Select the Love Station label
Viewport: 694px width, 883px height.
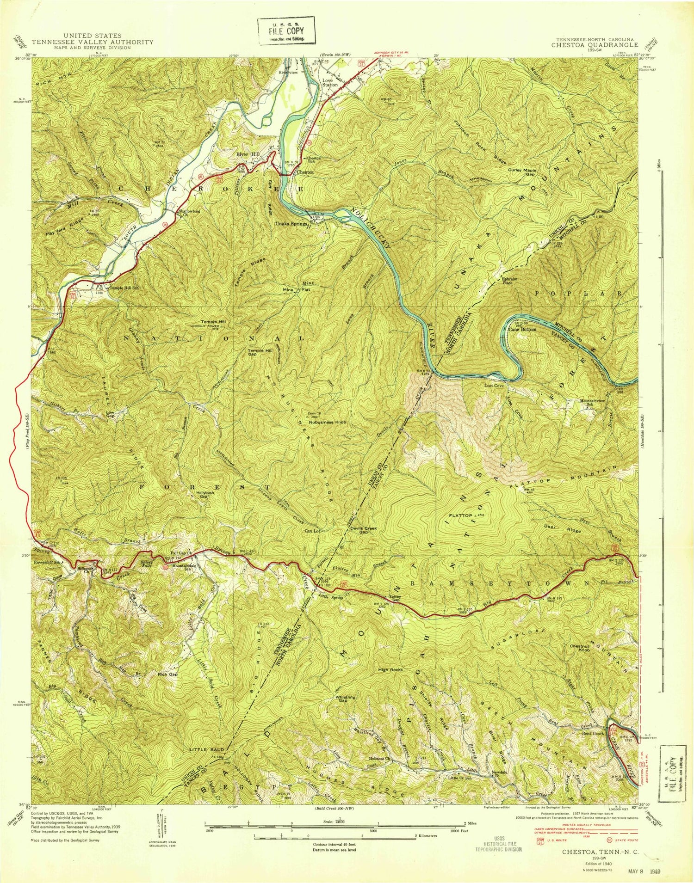(x=330, y=82)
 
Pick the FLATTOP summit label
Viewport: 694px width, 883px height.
(x=459, y=515)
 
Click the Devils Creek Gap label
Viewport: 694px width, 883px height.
(x=364, y=530)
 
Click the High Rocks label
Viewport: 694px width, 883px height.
(x=390, y=669)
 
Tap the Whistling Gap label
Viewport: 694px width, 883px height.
(x=347, y=699)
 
